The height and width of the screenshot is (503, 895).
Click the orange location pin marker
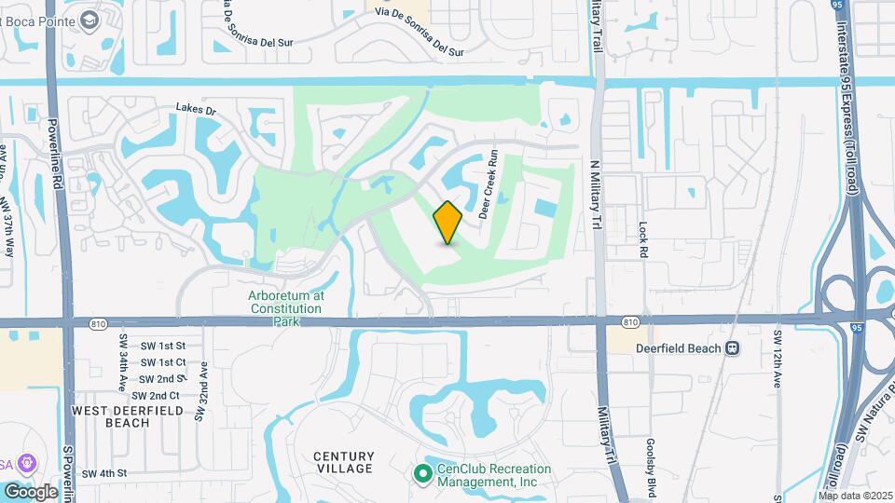point(447,223)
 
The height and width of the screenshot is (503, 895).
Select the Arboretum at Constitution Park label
point(286,307)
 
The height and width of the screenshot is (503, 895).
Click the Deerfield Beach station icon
point(733,348)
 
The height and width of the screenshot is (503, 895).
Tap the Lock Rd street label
point(642,239)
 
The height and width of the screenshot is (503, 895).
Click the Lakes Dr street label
point(196,110)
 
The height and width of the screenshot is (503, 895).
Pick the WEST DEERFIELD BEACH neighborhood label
point(111,416)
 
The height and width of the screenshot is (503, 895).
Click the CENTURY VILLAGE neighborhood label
point(343,463)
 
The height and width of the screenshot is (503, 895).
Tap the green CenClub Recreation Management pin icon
point(421,475)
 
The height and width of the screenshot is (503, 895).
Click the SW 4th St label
point(103,473)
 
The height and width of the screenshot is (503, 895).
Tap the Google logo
point(31,491)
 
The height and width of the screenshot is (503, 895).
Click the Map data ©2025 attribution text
point(855,496)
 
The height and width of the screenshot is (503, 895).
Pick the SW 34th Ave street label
point(122,355)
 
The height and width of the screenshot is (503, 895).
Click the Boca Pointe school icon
point(89,20)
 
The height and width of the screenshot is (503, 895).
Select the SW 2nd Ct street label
point(160,396)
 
